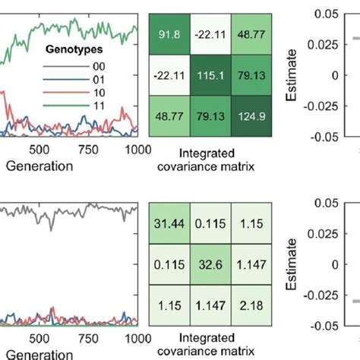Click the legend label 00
point(120,66)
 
